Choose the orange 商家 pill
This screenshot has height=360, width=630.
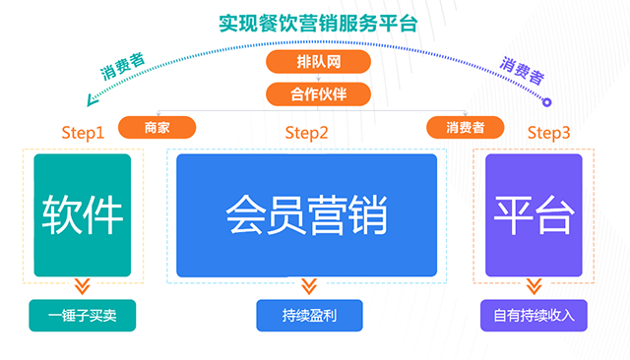pyautogui.click(x=157, y=127)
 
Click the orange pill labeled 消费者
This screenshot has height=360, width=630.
pyautogui.click(x=465, y=127)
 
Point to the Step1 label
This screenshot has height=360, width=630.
pyautogui.click(x=82, y=133)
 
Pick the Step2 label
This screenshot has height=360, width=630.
pyautogui.click(x=306, y=133)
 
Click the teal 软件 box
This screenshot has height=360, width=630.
pyautogui.click(x=82, y=214)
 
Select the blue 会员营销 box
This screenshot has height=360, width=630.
pyautogui.click(x=306, y=214)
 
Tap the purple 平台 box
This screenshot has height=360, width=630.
pyautogui.click(x=533, y=214)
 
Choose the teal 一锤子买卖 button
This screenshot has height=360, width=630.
pyautogui.click(x=82, y=316)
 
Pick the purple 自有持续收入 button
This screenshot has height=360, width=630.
pyautogui.click(x=534, y=316)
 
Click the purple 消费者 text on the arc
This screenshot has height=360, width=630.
pyautogui.click(x=522, y=69)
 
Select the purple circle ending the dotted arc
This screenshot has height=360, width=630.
pyautogui.click(x=548, y=100)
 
